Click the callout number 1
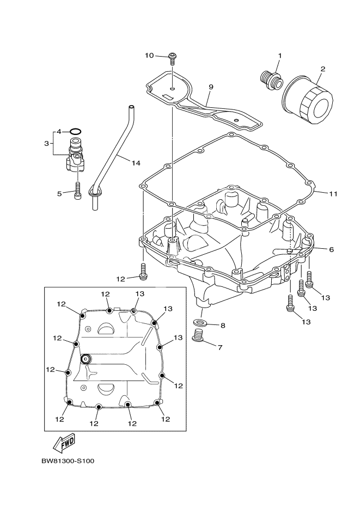(x=280, y=56)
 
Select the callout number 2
(x=322, y=69)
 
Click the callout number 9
(x=211, y=87)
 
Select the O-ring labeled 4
(x=77, y=132)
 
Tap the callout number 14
(x=136, y=163)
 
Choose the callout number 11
(x=333, y=193)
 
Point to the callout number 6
(x=331, y=249)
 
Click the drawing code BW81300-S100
(x=68, y=462)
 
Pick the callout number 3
(x=46, y=143)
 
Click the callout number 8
(x=222, y=326)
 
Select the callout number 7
(x=220, y=347)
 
